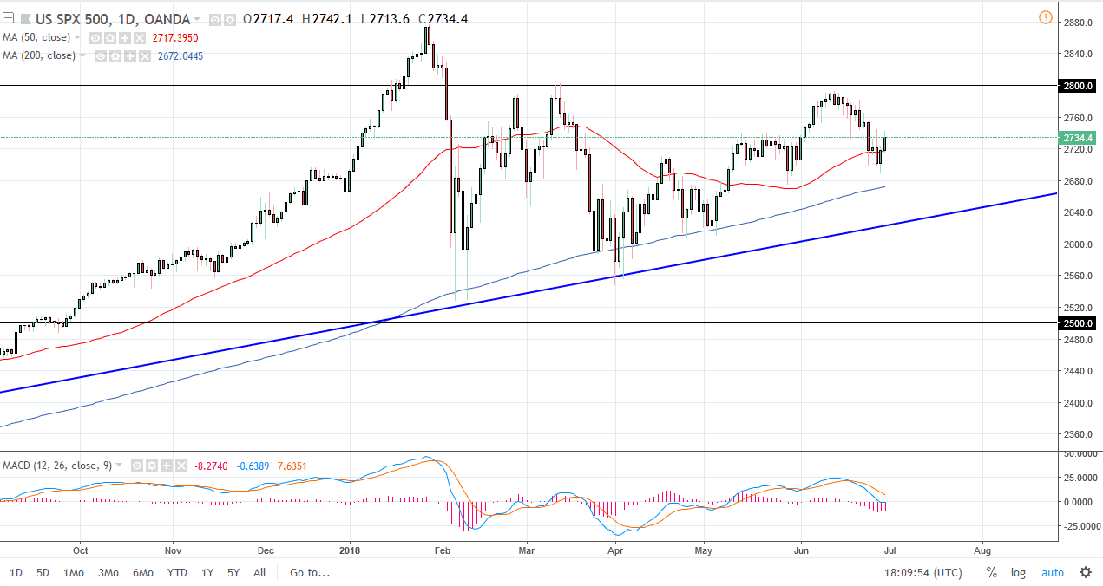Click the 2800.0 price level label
coord(1077,87)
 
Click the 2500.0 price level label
coord(1077,323)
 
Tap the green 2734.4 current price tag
coord(1077,138)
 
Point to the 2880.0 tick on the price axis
coord(1077,23)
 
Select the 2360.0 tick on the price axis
coord(1077,434)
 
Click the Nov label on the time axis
coord(172,550)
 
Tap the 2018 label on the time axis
coord(350,550)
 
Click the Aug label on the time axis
coord(982,550)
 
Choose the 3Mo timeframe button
coord(108,572)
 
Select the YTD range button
coord(177,572)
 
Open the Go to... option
coord(310,572)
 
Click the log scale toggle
coord(1018,572)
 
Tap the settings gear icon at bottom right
coord(1085,572)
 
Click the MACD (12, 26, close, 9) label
coord(56,466)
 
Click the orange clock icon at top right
coord(1045,18)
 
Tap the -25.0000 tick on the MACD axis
coord(1077,526)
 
